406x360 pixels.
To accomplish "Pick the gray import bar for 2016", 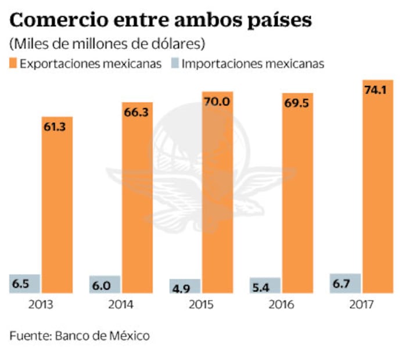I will pos(265,285).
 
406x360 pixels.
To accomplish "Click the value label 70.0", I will pos(217,101).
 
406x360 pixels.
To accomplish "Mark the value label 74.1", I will pos(377,90).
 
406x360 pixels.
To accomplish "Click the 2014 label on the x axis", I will pos(120,305).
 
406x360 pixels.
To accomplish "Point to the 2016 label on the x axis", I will pos(281,305).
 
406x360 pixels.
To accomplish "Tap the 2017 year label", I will pos(361,305).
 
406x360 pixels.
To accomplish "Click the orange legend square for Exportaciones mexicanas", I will pos(13,63).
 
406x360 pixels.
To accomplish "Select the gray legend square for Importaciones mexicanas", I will pos(174,63).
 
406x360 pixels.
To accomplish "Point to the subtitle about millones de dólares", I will pos(107,44).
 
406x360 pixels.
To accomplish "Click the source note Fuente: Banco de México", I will pos(80,336).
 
